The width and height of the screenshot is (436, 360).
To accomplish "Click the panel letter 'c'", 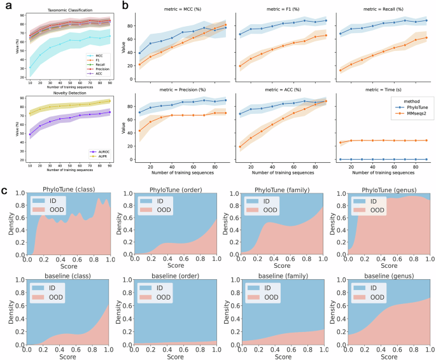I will tap(4, 190).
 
